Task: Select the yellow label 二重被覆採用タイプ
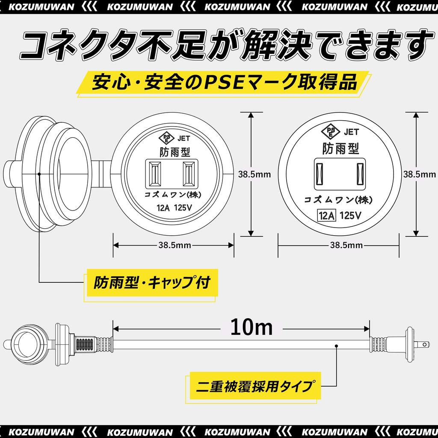point(252,388)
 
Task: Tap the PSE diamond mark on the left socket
point(166,137)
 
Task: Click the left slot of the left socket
point(155,174)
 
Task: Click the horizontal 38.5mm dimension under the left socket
point(174,245)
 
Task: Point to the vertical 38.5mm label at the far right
point(420,174)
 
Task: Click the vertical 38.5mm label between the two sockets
point(255,174)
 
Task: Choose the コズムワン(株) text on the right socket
point(338,200)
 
